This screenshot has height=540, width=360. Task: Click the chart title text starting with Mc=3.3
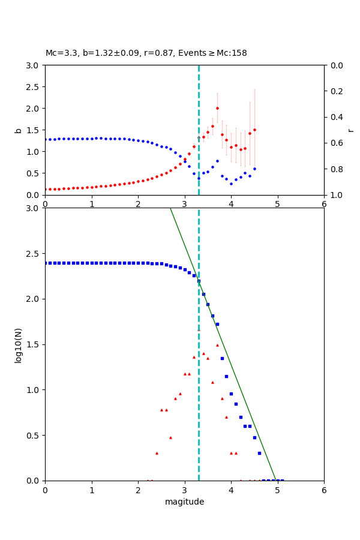point(146,53)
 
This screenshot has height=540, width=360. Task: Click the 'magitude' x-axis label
point(184,502)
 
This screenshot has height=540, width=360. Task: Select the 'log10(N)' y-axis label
point(18,344)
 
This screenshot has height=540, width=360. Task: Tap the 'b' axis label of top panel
point(18,130)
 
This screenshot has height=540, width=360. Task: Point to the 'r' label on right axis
point(350,130)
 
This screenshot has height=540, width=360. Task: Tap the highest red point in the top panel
point(217,109)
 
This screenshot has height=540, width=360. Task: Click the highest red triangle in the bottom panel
point(217,345)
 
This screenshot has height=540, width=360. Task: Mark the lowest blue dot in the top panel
point(231,184)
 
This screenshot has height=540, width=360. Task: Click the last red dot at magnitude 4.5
point(254,130)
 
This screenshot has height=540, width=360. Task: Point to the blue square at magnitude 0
point(45,263)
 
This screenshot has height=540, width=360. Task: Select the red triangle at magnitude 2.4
point(157,453)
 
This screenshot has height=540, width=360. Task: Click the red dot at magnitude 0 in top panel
point(45,189)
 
